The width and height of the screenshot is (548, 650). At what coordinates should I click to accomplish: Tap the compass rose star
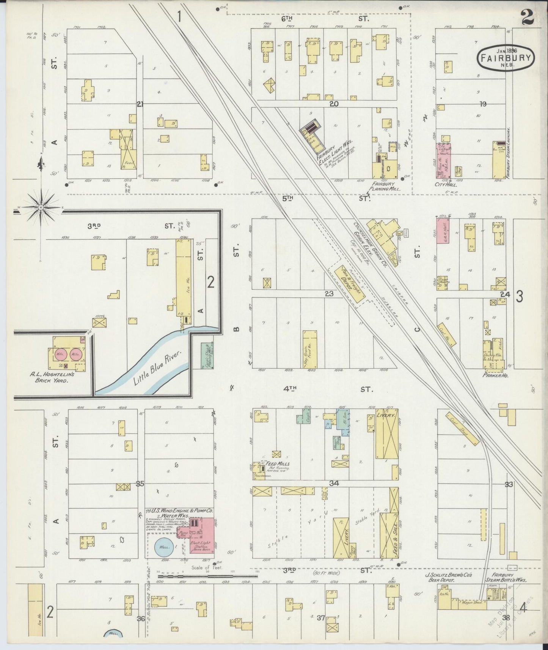click(41, 207)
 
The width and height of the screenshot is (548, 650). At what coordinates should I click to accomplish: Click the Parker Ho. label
click(495, 375)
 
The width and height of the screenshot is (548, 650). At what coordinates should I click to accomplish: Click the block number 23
click(329, 293)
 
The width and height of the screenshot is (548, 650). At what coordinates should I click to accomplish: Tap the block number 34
click(334, 483)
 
